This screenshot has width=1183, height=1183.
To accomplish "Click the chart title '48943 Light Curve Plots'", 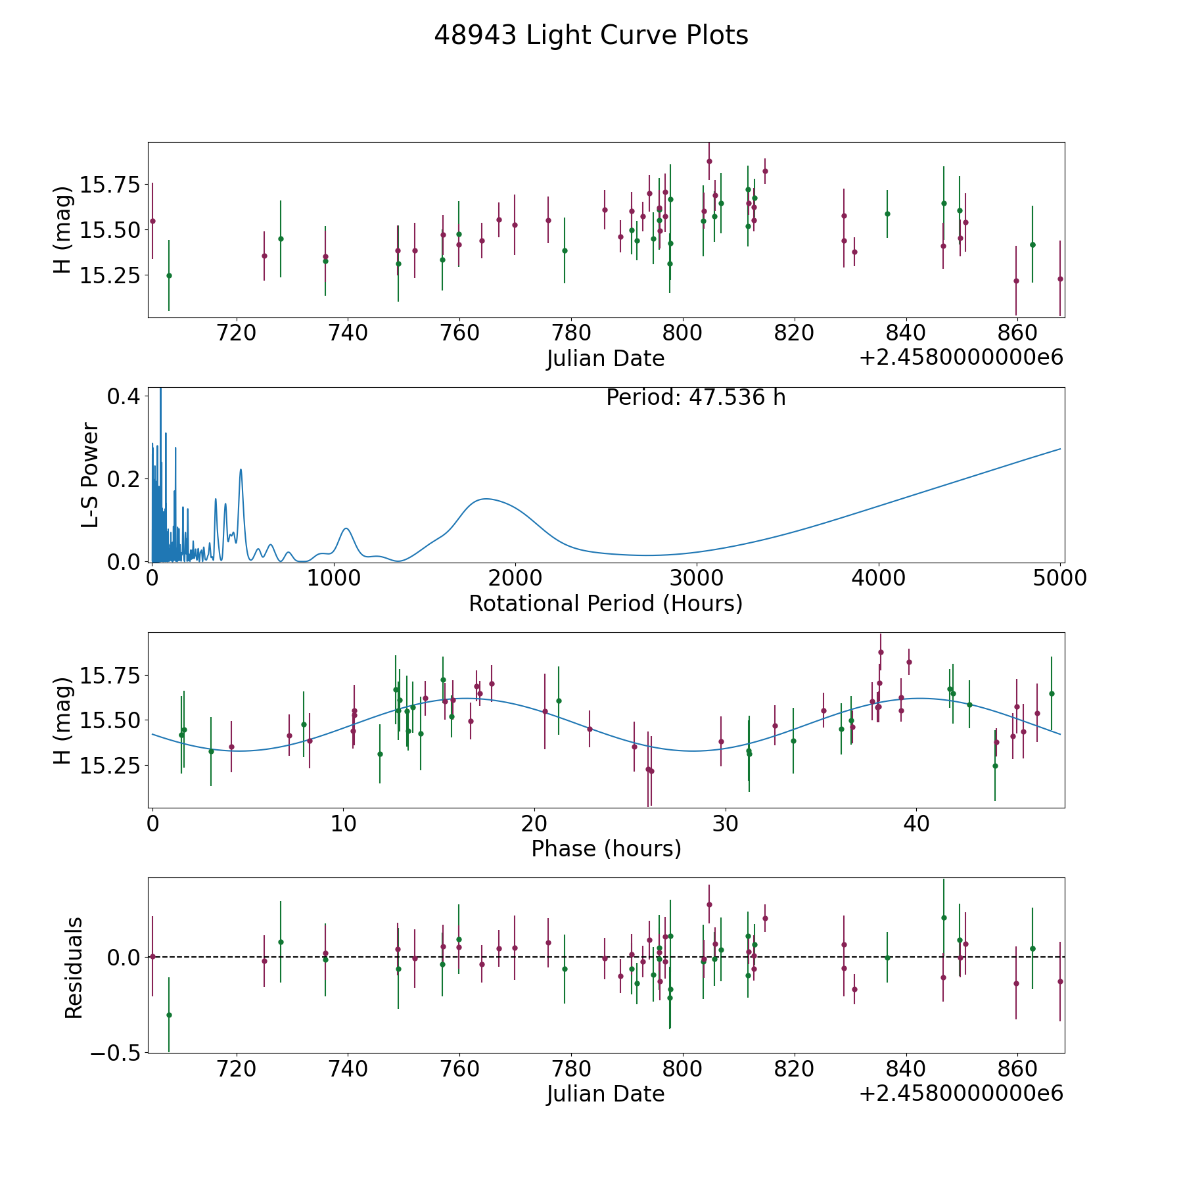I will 591,35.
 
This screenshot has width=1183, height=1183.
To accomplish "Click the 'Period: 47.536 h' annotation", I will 695,398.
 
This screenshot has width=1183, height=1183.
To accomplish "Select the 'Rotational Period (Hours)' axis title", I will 605,603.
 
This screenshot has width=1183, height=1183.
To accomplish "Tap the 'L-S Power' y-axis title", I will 90,475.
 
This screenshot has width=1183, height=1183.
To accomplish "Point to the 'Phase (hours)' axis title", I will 605,848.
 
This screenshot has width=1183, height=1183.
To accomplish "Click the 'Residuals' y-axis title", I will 74,967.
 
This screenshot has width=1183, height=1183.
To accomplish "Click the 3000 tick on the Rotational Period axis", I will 697,578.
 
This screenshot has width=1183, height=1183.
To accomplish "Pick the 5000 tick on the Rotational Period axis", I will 1060,578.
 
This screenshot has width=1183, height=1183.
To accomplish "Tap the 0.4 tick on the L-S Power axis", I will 123,396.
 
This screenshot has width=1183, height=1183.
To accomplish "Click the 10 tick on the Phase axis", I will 343,823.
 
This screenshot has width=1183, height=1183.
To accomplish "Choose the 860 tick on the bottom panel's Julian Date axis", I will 1017,1069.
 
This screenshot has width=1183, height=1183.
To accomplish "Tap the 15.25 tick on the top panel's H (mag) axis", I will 110,275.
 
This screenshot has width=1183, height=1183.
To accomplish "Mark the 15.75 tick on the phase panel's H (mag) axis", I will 110,675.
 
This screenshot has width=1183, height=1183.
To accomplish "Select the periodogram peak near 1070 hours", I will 346,528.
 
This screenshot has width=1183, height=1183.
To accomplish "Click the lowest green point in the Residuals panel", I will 169,1015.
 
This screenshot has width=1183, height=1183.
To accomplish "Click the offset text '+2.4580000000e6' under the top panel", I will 961,358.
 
